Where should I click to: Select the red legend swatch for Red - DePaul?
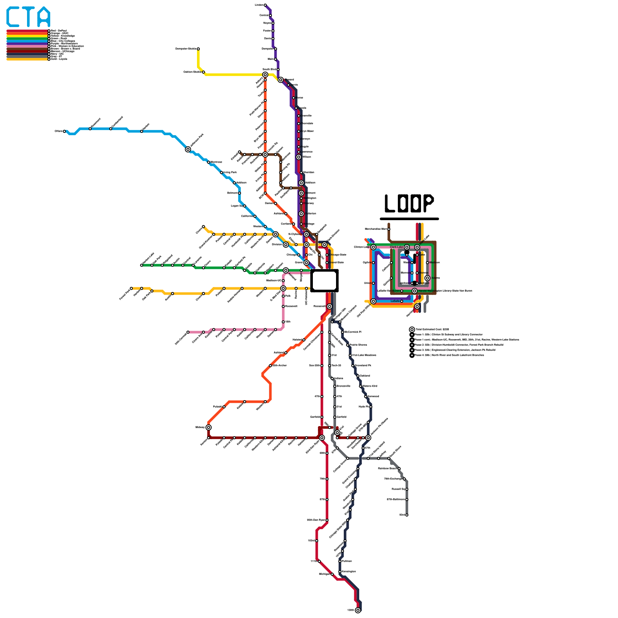[27, 31]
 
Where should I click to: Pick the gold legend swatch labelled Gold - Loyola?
[27, 59]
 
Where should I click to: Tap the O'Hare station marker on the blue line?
[65, 131]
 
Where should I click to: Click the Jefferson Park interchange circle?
[188, 149]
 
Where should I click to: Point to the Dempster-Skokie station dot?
[198, 49]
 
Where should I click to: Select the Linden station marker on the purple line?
[265, 5]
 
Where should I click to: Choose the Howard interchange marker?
[281, 80]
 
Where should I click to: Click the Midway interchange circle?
[209, 428]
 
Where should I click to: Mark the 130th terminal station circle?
[358, 610]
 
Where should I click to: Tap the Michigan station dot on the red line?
[332, 574]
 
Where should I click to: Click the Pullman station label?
[347, 561]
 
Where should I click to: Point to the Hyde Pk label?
[364, 407]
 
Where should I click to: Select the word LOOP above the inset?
[409, 204]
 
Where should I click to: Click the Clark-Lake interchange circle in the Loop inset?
[407, 247]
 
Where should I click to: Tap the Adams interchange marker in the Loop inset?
[427, 278]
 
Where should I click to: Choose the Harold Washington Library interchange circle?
[414, 291]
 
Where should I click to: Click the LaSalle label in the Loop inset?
[395, 301]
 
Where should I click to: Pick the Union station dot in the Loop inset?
[373, 283]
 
